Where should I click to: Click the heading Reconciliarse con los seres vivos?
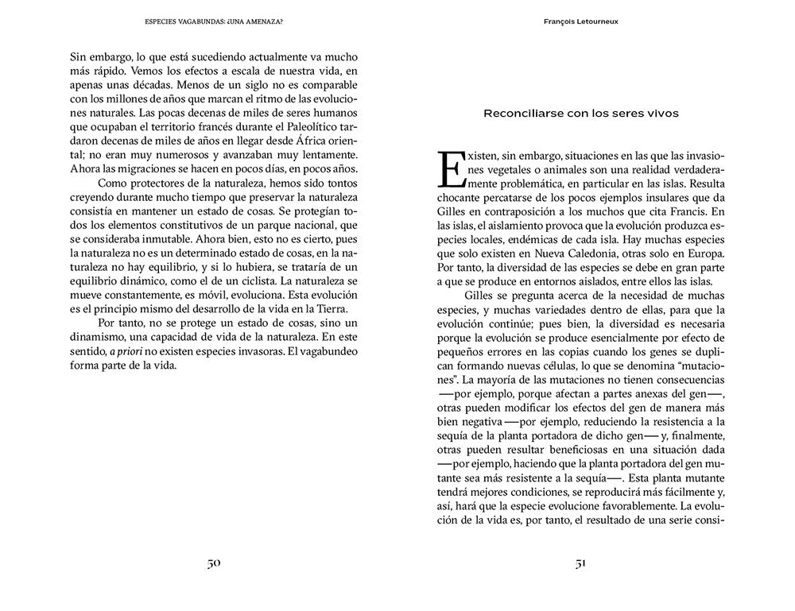[581, 113]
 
